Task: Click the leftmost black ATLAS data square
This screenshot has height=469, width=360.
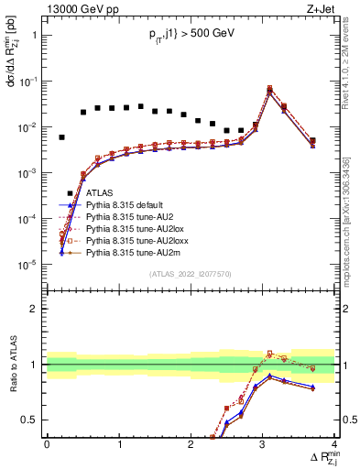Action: [61, 137]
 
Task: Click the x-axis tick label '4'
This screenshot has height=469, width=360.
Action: [335, 442]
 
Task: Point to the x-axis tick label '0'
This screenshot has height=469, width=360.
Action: [47, 442]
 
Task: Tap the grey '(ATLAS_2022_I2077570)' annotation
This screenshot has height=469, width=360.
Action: [191, 274]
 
